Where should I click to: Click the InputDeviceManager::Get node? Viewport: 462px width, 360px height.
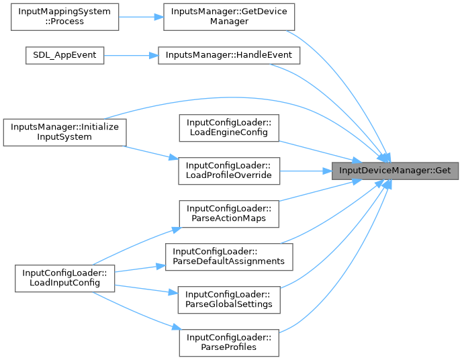(396, 170)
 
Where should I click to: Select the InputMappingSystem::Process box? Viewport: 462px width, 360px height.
(64, 16)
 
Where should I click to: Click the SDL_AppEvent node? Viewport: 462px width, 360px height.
(64, 56)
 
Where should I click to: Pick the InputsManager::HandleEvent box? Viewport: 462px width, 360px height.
(228, 56)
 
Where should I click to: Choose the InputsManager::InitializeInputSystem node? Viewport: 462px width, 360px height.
(64, 132)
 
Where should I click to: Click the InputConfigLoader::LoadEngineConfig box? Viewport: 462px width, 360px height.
(228, 128)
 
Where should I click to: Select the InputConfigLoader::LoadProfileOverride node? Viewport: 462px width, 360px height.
(228, 170)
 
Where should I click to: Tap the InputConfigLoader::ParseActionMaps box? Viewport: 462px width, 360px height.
(228, 213)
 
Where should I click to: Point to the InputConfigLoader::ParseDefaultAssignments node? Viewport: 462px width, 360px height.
(228, 255)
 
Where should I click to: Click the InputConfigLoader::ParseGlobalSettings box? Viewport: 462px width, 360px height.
(228, 299)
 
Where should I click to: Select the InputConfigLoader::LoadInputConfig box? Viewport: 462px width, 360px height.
(64, 278)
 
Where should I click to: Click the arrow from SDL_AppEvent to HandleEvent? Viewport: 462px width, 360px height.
(131, 56)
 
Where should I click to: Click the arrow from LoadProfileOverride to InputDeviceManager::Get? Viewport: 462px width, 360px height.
(306, 170)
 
